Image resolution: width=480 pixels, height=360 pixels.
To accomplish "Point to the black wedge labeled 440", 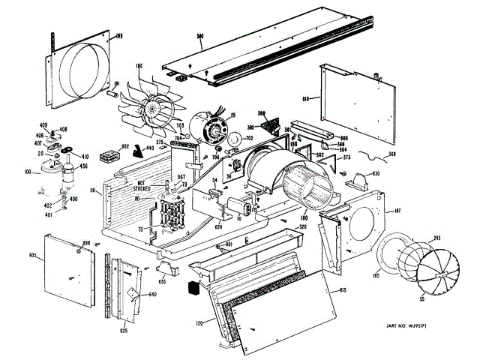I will (x=138, y=153).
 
